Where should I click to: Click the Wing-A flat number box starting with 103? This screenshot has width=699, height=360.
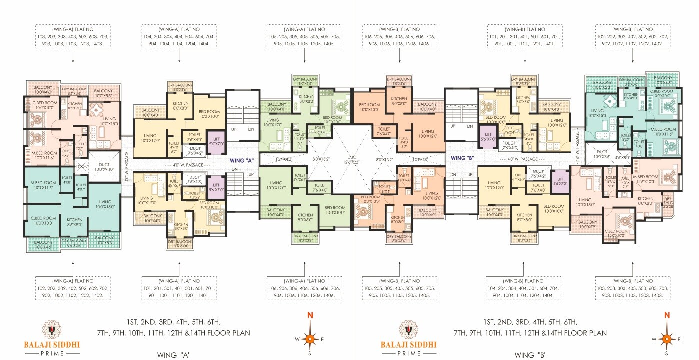click(x=73, y=36)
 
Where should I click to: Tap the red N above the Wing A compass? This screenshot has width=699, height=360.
click(x=310, y=315)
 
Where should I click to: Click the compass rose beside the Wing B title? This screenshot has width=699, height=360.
click(x=666, y=339)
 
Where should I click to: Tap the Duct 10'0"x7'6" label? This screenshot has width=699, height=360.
click(x=602, y=154)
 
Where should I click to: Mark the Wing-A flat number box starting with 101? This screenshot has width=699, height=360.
click(x=179, y=288)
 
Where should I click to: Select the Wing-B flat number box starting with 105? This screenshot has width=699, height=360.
click(x=405, y=288)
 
